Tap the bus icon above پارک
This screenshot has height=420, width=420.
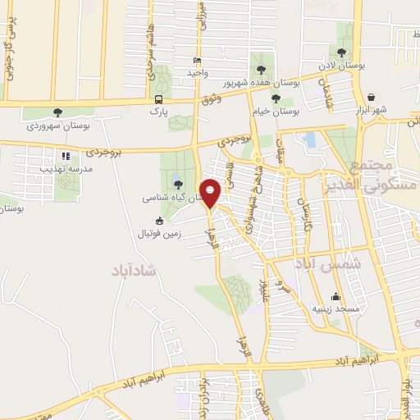pyautogui.click(x=157, y=98)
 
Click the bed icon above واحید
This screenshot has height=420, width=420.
pyautogui.click(x=195, y=61)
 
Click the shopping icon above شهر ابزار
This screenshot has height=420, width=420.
pyautogui.click(x=372, y=97)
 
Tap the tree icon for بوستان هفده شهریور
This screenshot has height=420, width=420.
pyautogui.click(x=262, y=69)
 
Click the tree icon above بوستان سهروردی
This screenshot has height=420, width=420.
pyautogui.click(x=57, y=112)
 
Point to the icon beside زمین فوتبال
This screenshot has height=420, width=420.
pyautogui.click(x=159, y=221)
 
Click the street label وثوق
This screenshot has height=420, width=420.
pyautogui.click(x=212, y=100)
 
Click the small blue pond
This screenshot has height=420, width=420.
pyautogui.click(x=309, y=139)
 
